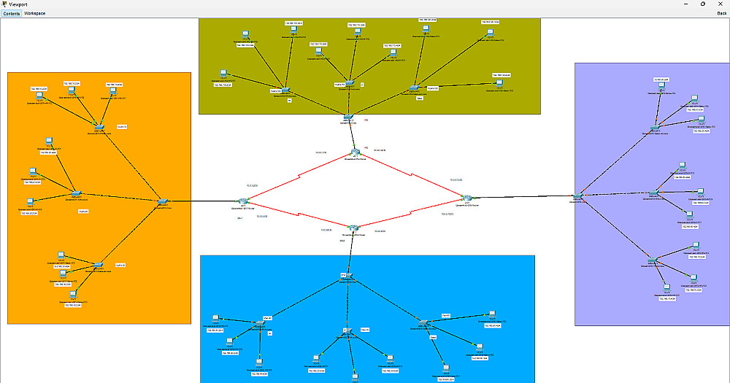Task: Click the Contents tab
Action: tap(12, 13)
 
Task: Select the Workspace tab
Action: tap(34, 13)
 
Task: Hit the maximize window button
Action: tap(702, 4)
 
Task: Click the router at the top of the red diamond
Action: tap(355, 152)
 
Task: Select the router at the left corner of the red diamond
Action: tap(243, 201)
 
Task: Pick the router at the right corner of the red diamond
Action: tap(466, 197)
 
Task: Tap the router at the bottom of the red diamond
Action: tap(354, 229)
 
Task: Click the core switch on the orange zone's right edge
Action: tap(163, 201)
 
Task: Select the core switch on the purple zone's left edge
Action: tap(577, 196)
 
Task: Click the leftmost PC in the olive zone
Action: tap(224, 74)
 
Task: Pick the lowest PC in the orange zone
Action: tap(73, 293)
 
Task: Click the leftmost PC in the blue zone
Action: tap(215, 318)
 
